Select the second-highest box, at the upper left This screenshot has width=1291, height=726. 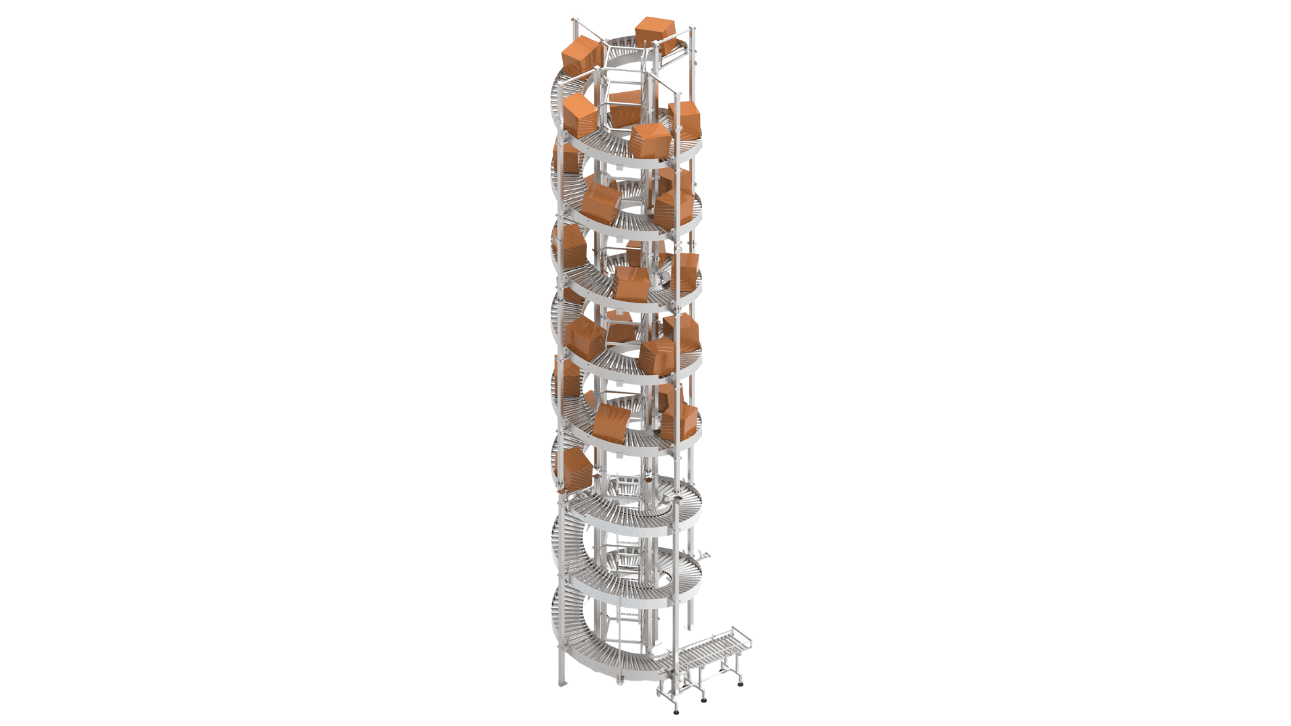click(x=581, y=56)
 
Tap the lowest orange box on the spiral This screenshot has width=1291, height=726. click(x=576, y=468)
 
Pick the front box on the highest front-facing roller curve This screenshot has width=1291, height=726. click(x=650, y=142)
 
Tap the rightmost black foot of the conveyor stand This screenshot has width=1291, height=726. click(x=740, y=684)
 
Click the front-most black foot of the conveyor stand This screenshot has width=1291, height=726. click(x=676, y=711)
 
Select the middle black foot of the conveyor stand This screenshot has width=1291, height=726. click(x=703, y=700)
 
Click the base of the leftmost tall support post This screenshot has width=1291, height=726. click(x=561, y=684)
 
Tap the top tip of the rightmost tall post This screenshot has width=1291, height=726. click(x=693, y=30)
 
